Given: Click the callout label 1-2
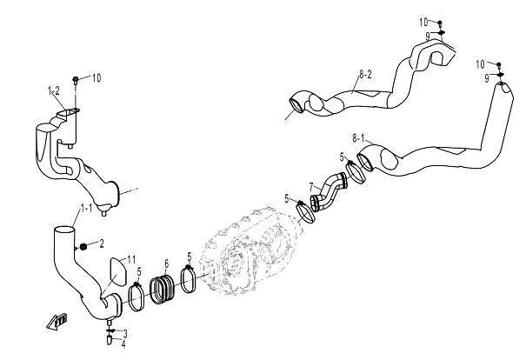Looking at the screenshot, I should (53, 90).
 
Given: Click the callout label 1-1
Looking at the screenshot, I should (87, 208).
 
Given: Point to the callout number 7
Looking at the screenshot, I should (311, 186).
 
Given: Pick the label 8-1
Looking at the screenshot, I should (358, 138).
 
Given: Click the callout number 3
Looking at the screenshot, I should (124, 333).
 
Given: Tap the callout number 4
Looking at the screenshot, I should (124, 343).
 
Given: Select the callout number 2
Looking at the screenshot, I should (101, 243).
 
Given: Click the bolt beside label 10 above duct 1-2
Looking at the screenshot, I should (77, 80).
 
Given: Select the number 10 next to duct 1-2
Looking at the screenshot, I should (96, 77).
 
